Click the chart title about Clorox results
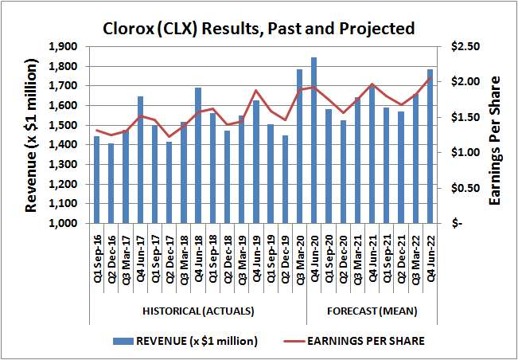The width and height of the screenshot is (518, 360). (259, 29)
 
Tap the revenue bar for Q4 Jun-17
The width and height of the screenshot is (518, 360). (140, 159)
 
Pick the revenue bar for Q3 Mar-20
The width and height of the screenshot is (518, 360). (299, 147)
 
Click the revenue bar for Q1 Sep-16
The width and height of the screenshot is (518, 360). (97, 180)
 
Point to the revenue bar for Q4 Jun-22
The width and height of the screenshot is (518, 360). (430, 147)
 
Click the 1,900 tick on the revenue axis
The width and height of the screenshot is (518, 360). (65, 47)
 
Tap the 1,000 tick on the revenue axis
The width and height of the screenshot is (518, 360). (65, 224)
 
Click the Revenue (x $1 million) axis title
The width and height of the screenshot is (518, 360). (32, 135)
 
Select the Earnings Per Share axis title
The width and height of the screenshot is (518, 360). (494, 139)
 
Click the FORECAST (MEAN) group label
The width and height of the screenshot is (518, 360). (372, 310)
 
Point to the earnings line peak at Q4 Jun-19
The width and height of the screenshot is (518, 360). (256, 91)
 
